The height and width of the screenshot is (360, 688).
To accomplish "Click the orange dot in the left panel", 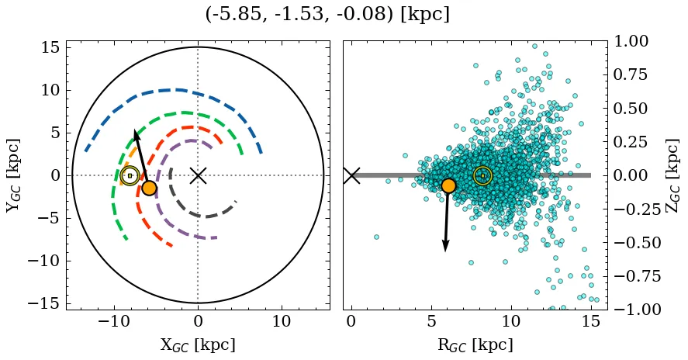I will tap(149, 188).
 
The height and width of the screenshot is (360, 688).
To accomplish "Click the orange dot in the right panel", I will tap(448, 185).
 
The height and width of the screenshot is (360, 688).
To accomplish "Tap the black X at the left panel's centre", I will tap(198, 175).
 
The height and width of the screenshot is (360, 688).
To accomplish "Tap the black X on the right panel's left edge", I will tap(351, 175).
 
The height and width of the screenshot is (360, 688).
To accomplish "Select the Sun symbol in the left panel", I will tap(130, 175).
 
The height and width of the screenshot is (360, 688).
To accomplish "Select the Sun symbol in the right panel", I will tap(482, 175).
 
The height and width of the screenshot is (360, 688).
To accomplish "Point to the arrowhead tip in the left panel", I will tap(135, 130).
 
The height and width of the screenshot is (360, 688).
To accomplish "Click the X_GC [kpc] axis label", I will tap(198, 344).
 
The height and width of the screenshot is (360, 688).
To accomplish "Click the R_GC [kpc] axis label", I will tap(475, 344).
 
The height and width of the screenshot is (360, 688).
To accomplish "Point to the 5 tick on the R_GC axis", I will tap(430, 321).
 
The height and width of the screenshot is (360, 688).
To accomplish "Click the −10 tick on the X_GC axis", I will tap(114, 321).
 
